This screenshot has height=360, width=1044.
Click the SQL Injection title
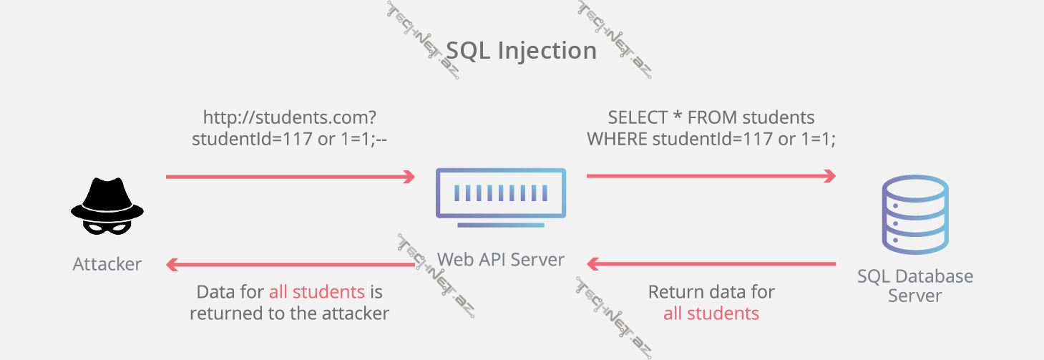click(x=521, y=51)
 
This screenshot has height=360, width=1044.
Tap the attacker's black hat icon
click(x=107, y=198)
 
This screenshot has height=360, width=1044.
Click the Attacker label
click(x=107, y=264)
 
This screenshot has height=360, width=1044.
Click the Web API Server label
click(x=500, y=259)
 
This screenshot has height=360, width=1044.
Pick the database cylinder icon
click(x=915, y=216)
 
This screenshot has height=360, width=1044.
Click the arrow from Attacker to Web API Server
click(x=290, y=176)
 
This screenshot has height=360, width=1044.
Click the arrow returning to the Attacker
click(x=290, y=265)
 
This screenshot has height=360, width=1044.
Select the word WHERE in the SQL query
click(x=618, y=140)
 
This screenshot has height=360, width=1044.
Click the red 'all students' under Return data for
click(x=711, y=313)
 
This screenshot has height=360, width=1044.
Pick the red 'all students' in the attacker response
click(x=316, y=292)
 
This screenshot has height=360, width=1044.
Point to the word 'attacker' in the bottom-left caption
click(x=355, y=313)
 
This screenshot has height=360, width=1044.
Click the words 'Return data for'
click(x=711, y=292)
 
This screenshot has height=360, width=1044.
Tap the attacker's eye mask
click(x=107, y=225)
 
